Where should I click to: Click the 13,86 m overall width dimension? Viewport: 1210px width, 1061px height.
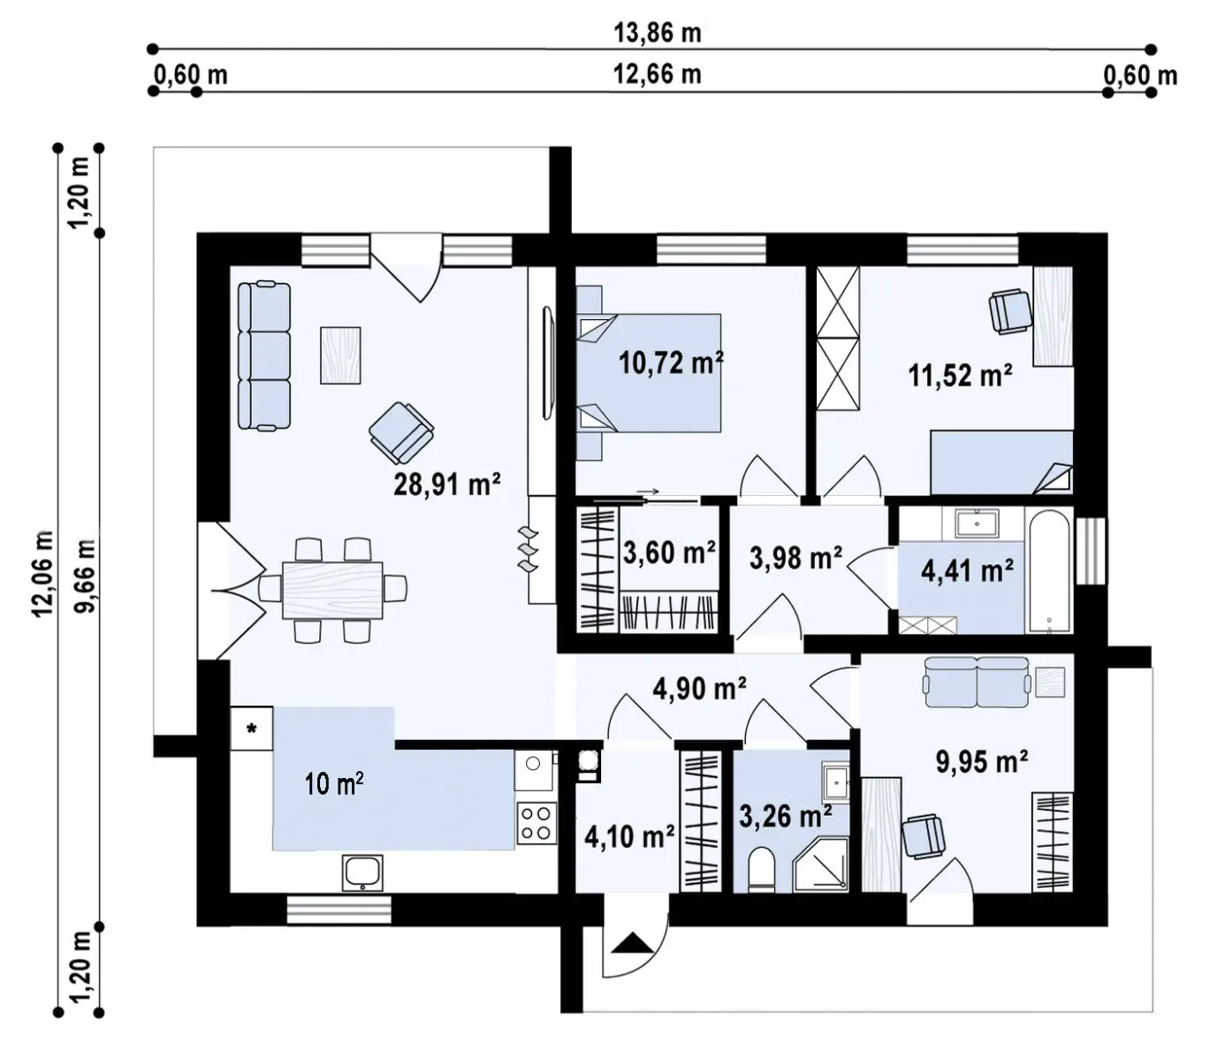click(657, 33)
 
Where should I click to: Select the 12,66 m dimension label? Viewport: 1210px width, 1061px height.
click(657, 74)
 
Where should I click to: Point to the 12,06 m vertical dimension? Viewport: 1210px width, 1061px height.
click(44, 573)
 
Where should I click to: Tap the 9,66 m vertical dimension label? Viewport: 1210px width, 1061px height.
click(85, 575)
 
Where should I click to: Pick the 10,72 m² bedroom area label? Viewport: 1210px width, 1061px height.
click(671, 362)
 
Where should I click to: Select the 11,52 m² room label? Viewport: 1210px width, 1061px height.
click(960, 375)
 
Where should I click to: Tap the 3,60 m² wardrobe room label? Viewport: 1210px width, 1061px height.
click(669, 553)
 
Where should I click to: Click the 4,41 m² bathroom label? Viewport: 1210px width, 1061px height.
click(967, 570)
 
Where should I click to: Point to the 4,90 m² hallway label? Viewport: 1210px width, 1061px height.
click(699, 689)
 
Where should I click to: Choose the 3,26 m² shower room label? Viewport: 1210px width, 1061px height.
click(786, 815)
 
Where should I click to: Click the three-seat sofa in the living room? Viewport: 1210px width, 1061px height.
click(264, 356)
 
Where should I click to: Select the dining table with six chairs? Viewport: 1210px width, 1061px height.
click(332, 590)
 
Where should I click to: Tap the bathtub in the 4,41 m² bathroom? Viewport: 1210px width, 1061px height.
click(1049, 570)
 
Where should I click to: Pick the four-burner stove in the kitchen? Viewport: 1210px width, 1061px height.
click(537, 823)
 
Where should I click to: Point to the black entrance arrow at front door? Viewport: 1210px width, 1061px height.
click(633, 943)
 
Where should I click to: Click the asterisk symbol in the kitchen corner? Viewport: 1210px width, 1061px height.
click(251, 729)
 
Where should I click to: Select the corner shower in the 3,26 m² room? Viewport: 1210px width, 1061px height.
click(820, 865)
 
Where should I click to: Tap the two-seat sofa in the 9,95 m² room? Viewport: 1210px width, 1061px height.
click(977, 682)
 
